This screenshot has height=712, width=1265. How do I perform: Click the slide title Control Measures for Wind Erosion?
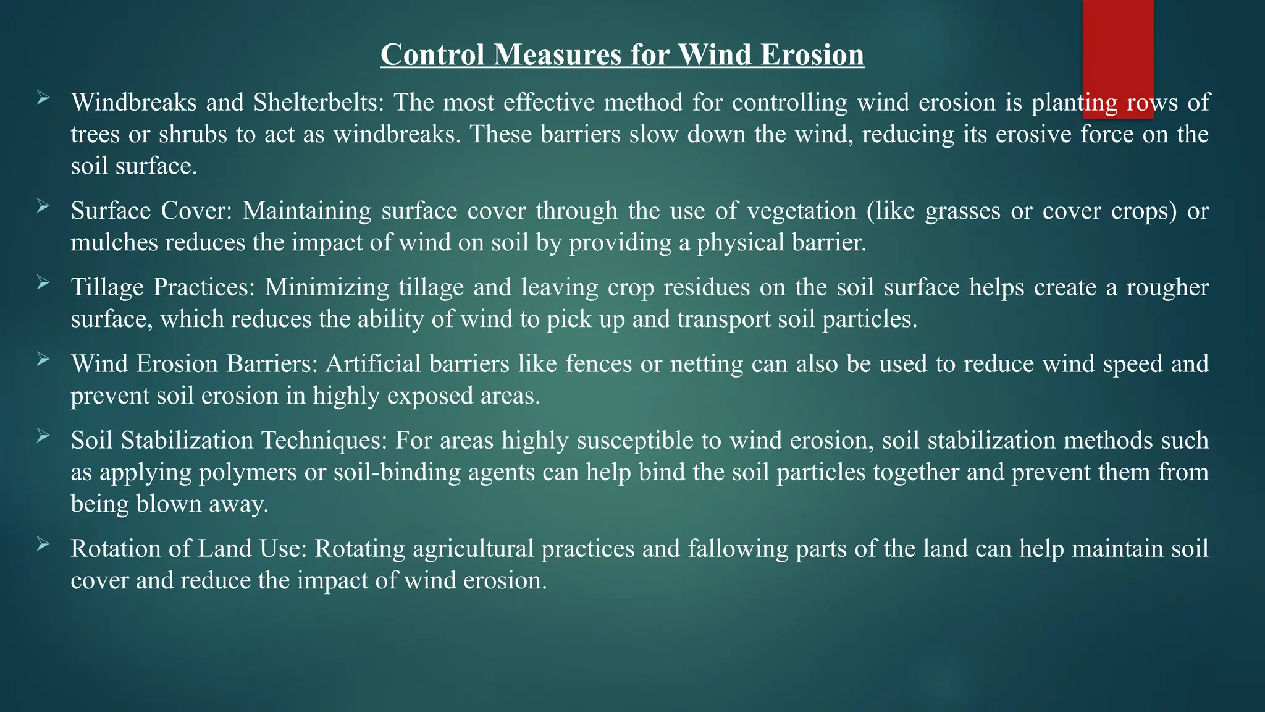pyautogui.click(x=622, y=54)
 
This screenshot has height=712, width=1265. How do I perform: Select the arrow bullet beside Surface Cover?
pyautogui.click(x=43, y=206)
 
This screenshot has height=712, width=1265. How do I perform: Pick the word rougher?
pyautogui.click(x=1167, y=287)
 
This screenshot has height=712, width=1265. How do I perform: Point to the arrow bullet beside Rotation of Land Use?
pyautogui.click(x=43, y=544)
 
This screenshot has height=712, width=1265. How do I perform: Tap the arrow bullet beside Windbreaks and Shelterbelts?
pyautogui.click(x=43, y=98)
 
